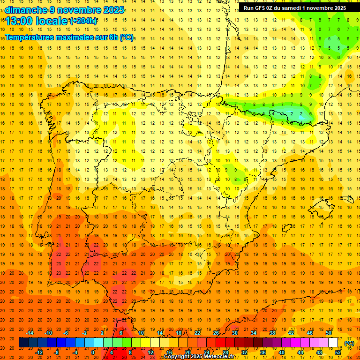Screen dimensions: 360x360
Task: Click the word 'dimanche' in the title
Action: [26, 10]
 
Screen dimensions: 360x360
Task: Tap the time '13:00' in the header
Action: [19, 21]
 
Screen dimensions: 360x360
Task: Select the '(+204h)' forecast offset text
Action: [83, 21]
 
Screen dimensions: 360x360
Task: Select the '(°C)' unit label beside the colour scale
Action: [349, 343]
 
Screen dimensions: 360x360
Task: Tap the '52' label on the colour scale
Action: [337, 352]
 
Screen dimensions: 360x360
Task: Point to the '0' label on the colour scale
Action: [93, 352]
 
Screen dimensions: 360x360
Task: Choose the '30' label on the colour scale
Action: [234, 333]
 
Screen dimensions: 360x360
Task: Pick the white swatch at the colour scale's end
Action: [333, 343]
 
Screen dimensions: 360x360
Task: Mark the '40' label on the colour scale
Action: [281, 352]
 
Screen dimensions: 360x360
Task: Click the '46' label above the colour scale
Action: [310, 333]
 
